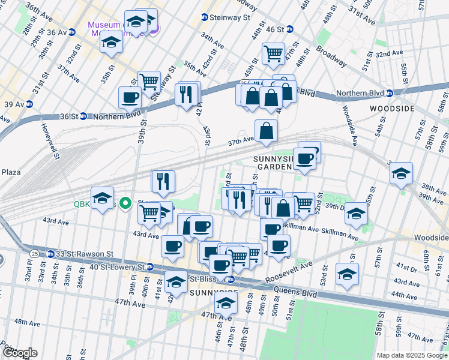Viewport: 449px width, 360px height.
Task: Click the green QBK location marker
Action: [x=125, y=203]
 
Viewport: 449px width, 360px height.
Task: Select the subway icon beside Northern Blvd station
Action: [x=389, y=93]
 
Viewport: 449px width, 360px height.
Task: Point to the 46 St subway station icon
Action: [x=289, y=29]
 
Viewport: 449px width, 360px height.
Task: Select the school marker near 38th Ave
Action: [x=401, y=174]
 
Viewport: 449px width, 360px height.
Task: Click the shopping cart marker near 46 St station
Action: [x=274, y=53]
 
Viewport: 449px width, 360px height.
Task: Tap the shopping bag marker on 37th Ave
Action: [x=266, y=130]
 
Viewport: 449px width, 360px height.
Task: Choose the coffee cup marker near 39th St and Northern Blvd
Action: [x=130, y=97]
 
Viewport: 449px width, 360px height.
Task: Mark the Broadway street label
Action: [x=331, y=56]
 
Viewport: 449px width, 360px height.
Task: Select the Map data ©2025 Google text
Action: [x=411, y=355]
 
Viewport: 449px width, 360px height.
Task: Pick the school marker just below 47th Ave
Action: [x=226, y=304]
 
